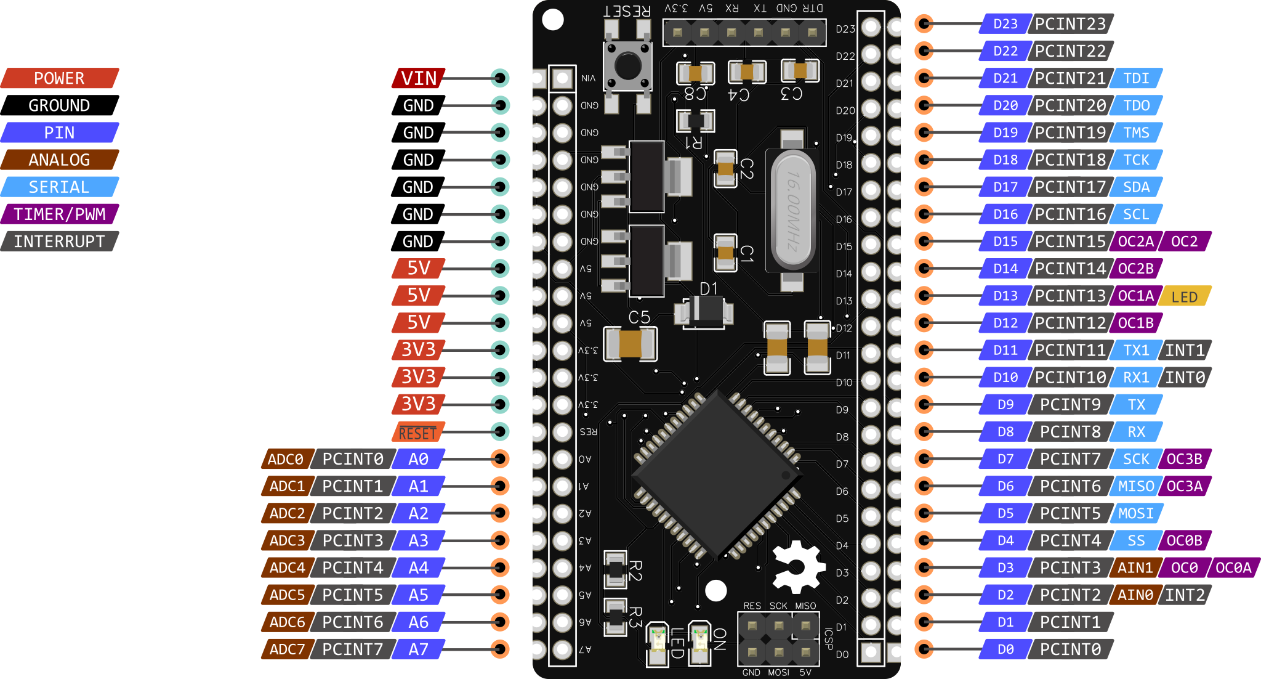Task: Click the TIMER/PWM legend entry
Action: (x=60, y=214)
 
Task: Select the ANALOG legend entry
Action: (x=60, y=160)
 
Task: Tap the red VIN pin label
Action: (x=419, y=78)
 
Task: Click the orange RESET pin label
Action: (x=417, y=433)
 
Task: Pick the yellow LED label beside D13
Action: (x=1184, y=296)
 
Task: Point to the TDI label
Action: (x=1136, y=78)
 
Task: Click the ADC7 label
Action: (x=287, y=649)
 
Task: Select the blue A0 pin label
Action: (x=418, y=459)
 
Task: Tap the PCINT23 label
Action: (x=1070, y=24)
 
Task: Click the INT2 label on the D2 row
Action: (x=1184, y=595)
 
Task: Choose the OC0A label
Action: (x=1233, y=567)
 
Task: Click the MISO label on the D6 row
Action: (x=1136, y=486)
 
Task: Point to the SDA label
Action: (x=1136, y=187)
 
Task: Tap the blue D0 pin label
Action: (x=1005, y=649)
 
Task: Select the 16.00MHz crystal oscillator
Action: (x=792, y=211)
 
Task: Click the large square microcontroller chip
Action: (x=717, y=474)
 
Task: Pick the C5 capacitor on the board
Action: (x=630, y=344)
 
